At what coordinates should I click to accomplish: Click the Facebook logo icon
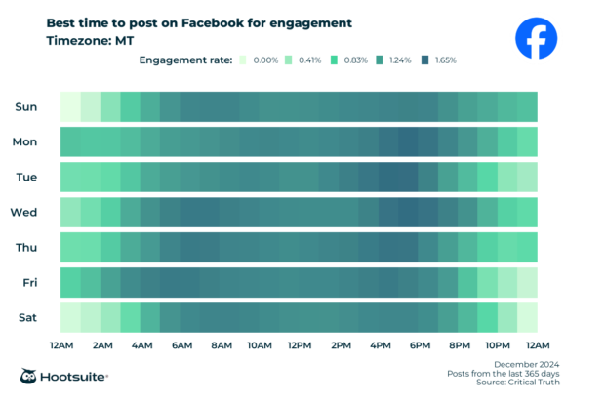(x=536, y=39)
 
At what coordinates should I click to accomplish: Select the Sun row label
(x=26, y=106)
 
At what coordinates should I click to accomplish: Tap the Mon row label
(x=25, y=141)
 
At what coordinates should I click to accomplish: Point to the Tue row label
(x=26, y=177)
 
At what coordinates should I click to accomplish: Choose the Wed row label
(x=24, y=212)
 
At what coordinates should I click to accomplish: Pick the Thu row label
(x=26, y=247)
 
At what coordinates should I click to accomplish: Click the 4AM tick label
(x=141, y=345)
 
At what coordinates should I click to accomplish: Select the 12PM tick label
(x=300, y=345)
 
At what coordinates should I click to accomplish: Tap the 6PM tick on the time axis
(x=420, y=345)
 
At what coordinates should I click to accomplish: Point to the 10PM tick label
(x=499, y=345)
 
